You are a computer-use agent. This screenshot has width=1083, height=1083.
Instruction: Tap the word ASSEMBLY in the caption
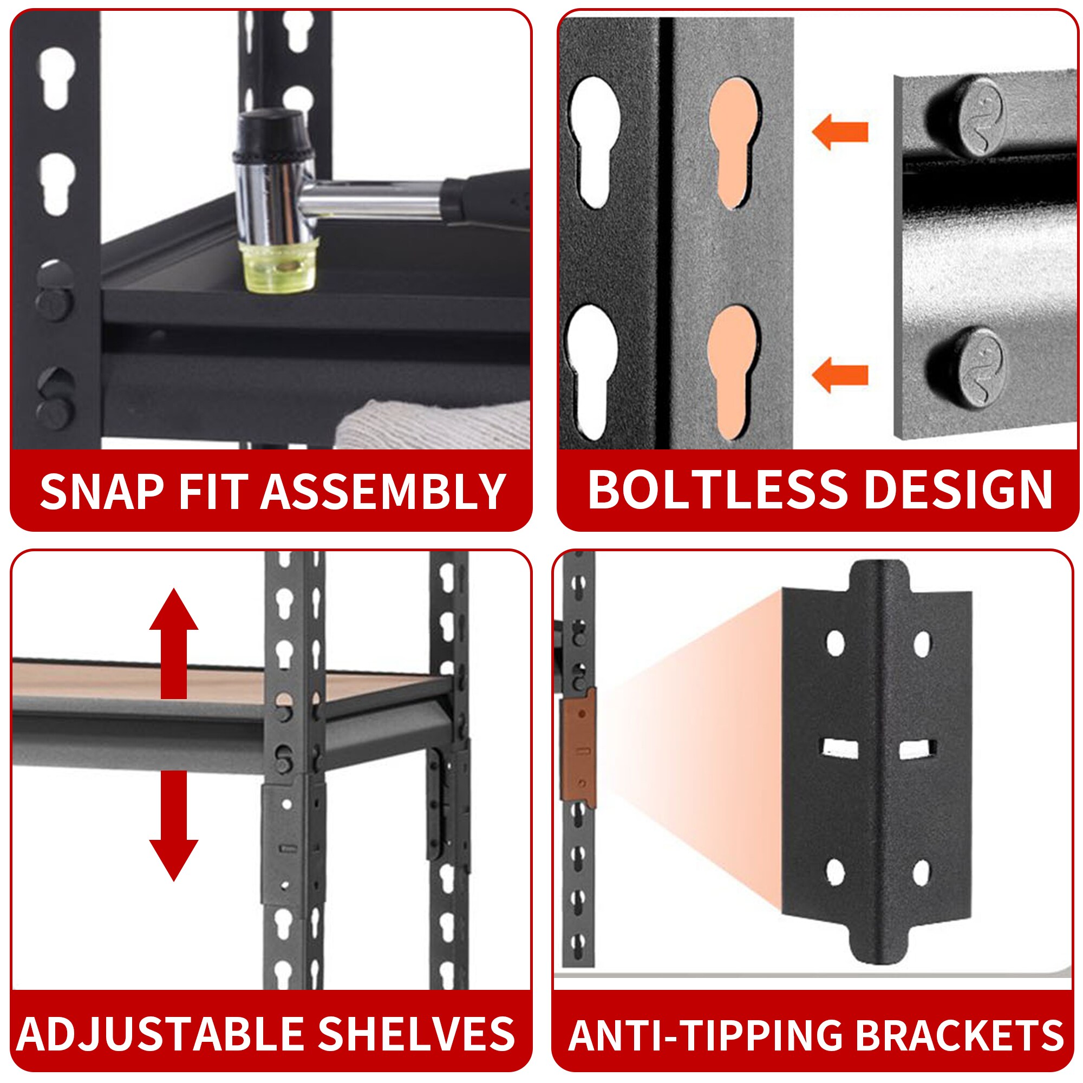pyautogui.click(x=383, y=491)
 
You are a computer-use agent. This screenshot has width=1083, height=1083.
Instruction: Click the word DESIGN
pyautogui.click(x=958, y=490)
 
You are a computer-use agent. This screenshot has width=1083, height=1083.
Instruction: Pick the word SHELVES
pyautogui.click(x=416, y=1033)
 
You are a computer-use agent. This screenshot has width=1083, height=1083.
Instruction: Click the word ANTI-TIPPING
pyautogui.click(x=705, y=1035)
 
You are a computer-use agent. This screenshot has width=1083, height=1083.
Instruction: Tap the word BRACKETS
pyautogui.click(x=960, y=1035)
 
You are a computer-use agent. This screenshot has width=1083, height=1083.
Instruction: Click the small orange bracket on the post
pyautogui.click(x=579, y=749)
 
